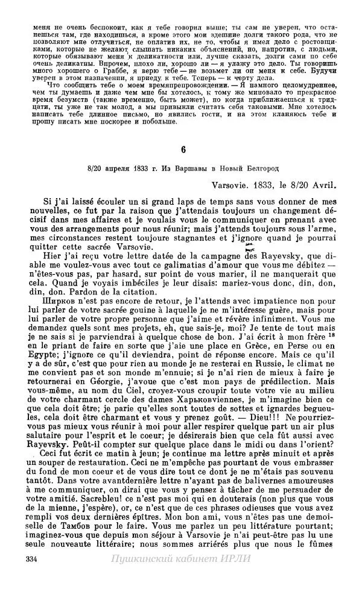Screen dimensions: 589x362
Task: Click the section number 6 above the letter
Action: [180, 149]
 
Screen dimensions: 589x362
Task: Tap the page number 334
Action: [33, 576]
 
